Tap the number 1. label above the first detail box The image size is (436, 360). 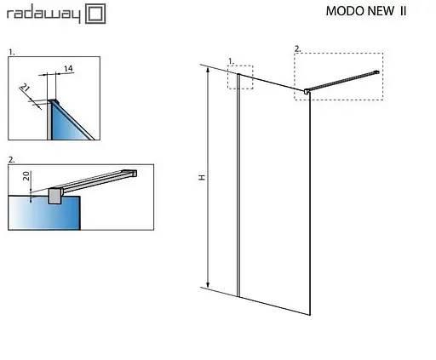(x=11, y=52)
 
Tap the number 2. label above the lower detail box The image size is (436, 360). (x=11, y=159)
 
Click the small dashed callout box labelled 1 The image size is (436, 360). (x=240, y=77)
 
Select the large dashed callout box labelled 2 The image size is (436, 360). (x=338, y=77)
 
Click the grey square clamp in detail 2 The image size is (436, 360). (x=56, y=195)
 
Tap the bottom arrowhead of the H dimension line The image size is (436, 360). (x=207, y=286)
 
